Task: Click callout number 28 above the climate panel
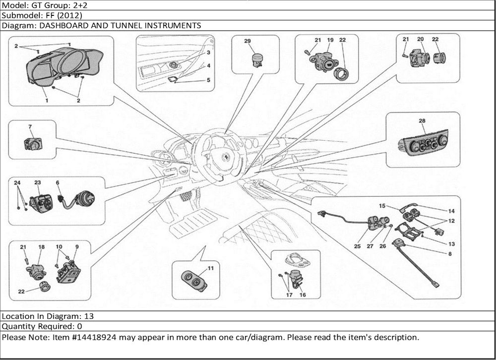coord(422,121)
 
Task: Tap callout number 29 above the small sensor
coord(248,41)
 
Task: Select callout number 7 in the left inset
coord(30,127)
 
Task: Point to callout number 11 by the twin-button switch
coord(210,268)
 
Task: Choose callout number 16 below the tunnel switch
coord(303,295)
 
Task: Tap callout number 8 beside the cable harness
coord(450,254)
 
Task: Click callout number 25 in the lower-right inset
coord(357,245)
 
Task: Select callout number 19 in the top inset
coord(330,40)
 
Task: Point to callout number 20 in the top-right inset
coord(420,39)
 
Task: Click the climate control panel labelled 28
coord(423,144)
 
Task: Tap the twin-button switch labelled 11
coord(195,281)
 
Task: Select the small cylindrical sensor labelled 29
coord(257,60)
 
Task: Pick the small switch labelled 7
coord(33,144)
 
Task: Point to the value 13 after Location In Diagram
coord(89,316)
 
